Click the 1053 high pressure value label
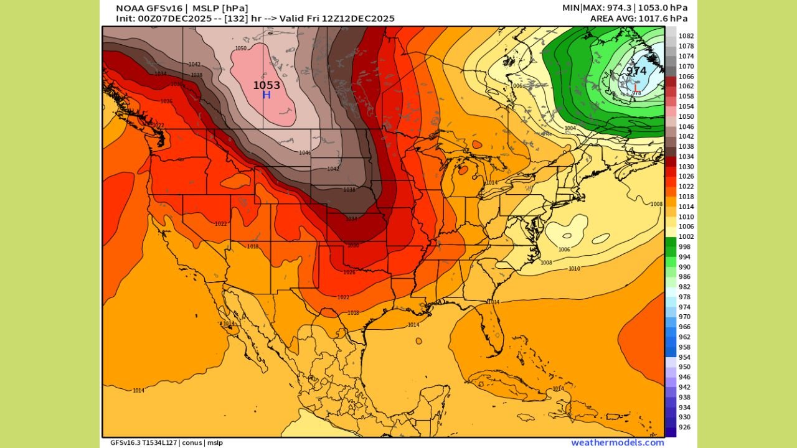coord(266,85)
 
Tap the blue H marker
coord(266,95)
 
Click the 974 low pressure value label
coord(636,71)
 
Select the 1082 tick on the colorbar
coord(686,36)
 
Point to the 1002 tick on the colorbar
coord(686,237)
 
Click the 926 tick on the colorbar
coord(684,427)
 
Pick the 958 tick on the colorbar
coord(684,347)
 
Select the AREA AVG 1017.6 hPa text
coord(639,19)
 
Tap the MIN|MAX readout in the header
coord(625,8)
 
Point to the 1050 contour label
coord(240,49)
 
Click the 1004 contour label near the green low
coord(570,128)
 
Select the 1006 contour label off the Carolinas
coord(564,250)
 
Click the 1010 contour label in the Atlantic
coord(574,269)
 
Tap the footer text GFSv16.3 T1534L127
coord(144,442)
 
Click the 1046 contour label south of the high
coord(305,153)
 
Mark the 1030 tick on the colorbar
coord(686,167)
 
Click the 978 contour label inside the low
coord(636,93)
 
